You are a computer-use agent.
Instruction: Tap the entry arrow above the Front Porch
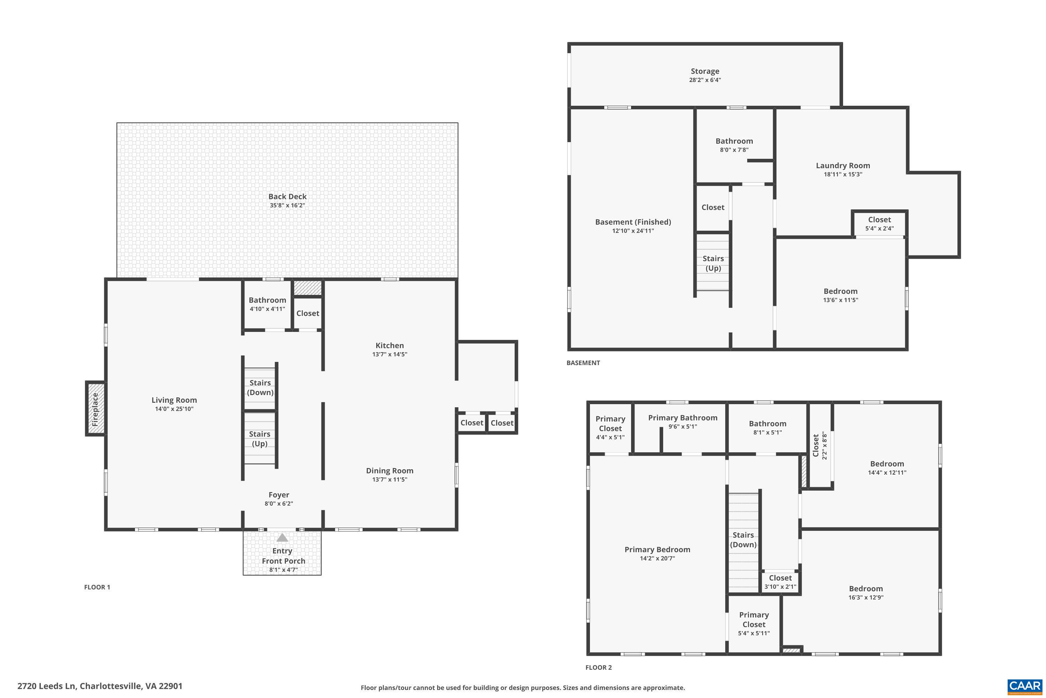tap(282, 538)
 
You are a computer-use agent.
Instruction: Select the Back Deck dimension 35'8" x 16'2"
tap(287, 205)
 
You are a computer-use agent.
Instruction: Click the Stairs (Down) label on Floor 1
tap(260, 387)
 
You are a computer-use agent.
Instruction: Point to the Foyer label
tap(279, 495)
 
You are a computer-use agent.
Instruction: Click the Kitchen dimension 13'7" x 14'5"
tap(389, 354)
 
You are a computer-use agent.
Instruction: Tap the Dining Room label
tap(389, 470)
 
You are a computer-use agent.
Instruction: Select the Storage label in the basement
tap(705, 71)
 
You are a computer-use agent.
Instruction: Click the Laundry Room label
tap(843, 165)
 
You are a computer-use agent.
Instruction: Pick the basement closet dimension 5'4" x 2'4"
tap(879, 228)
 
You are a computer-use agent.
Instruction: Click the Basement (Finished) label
tap(633, 222)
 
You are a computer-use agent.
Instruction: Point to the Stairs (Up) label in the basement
tap(713, 263)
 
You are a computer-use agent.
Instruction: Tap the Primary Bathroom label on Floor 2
tap(683, 417)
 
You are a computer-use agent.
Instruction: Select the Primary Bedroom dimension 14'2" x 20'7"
tap(657, 558)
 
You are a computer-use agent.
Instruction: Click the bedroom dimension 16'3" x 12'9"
tap(865, 597)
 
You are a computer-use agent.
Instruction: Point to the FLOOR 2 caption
tap(598, 667)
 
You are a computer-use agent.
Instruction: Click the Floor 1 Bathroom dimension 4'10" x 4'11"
tap(267, 309)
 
